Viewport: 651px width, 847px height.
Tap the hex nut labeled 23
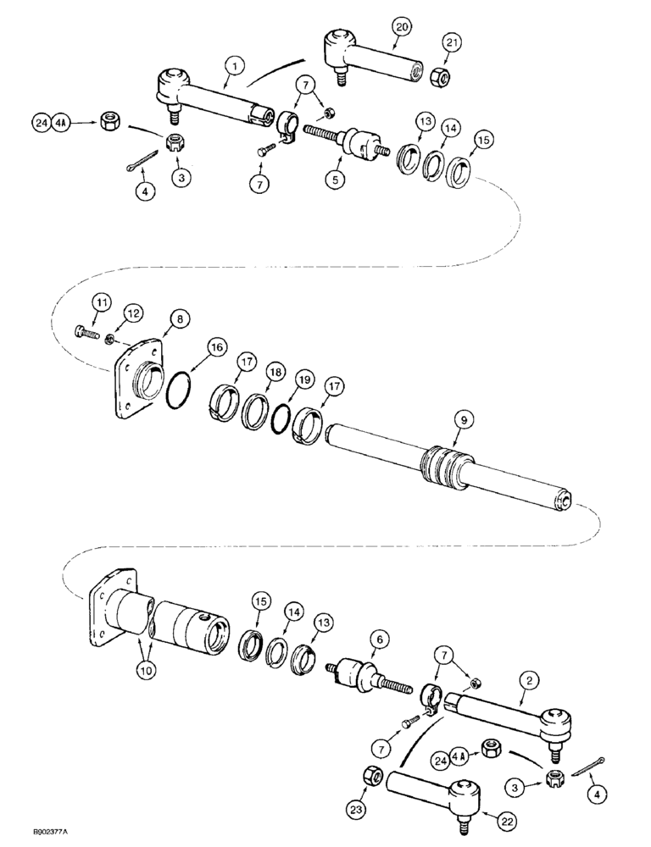point(371,777)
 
